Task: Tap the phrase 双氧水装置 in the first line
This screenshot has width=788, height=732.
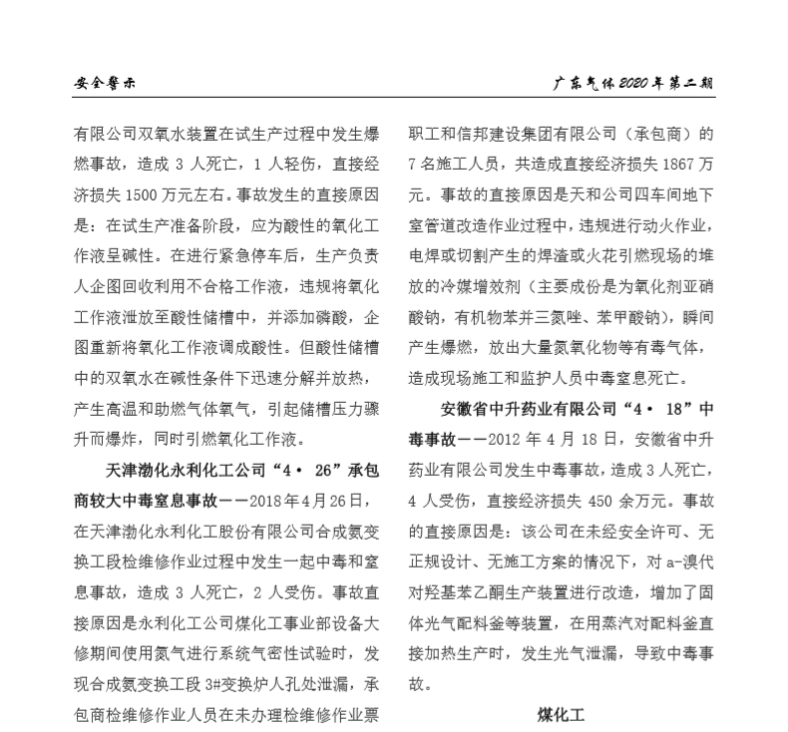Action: coord(184,132)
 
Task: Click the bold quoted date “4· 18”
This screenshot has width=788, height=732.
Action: coord(648,409)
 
